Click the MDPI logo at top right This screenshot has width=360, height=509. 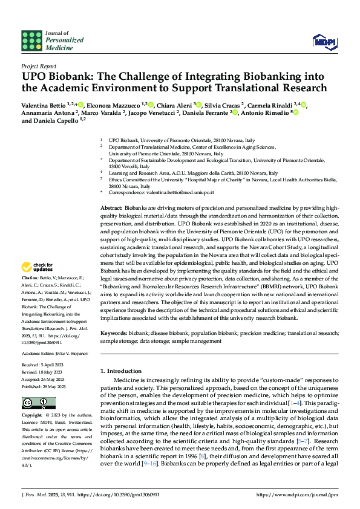tap(324, 41)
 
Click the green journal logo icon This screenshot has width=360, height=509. tap(31, 41)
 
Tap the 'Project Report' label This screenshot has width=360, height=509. tap(39, 66)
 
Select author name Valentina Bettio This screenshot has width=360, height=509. tap(44, 105)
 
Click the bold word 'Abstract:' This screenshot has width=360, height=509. tap(113, 207)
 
